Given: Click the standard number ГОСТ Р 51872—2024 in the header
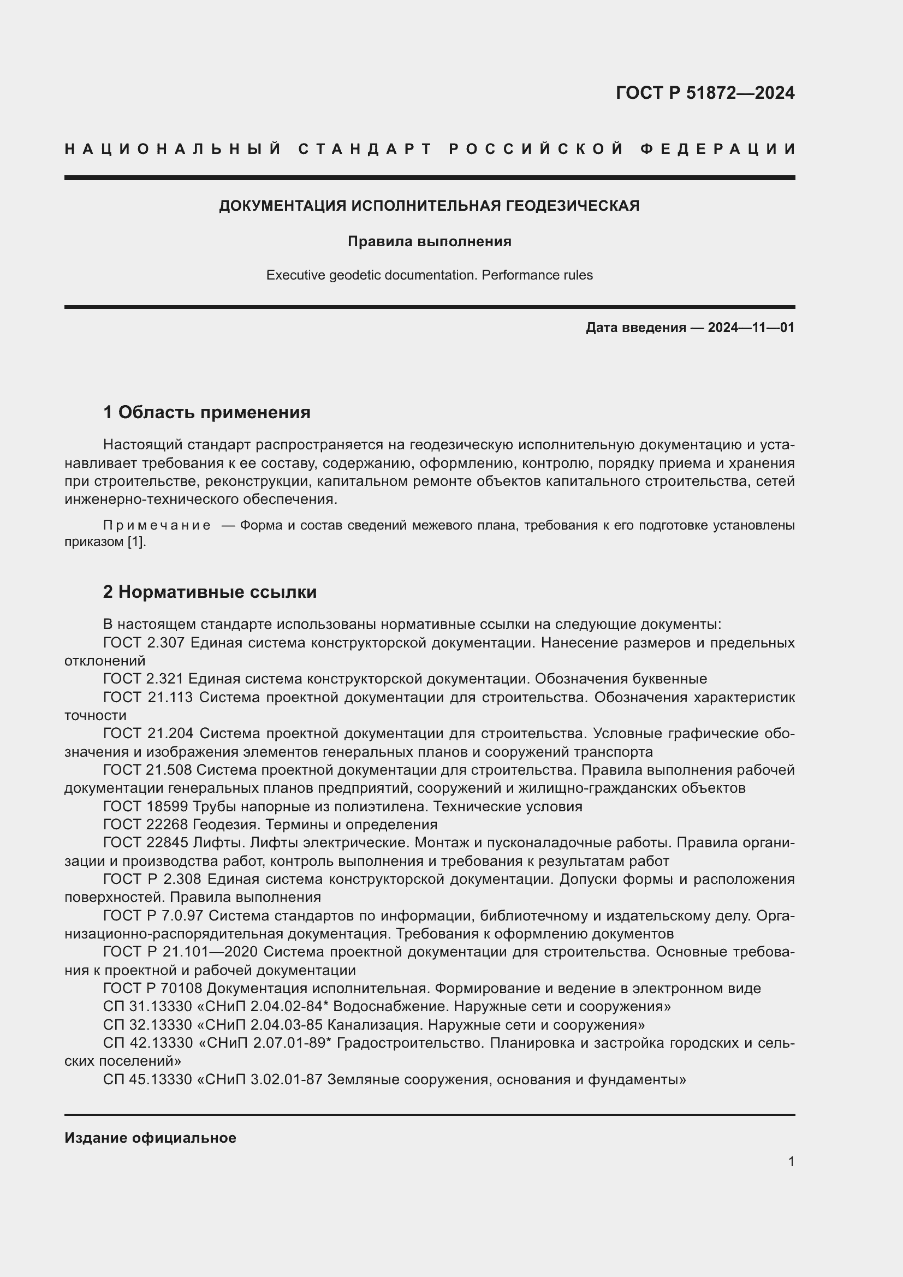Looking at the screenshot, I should click(704, 92).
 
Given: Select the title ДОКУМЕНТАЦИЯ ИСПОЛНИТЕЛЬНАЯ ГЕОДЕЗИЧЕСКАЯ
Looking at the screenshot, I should click(429, 206).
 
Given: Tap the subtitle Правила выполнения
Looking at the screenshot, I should click(429, 241).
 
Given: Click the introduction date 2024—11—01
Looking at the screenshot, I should click(751, 328).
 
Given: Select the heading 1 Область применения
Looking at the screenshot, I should click(206, 412).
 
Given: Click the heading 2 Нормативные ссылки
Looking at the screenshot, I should click(210, 592).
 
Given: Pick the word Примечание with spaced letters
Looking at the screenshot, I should click(157, 525).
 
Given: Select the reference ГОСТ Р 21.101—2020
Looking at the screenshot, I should click(180, 952).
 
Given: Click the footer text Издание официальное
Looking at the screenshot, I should click(150, 1138).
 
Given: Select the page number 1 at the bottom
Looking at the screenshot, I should click(791, 1162).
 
